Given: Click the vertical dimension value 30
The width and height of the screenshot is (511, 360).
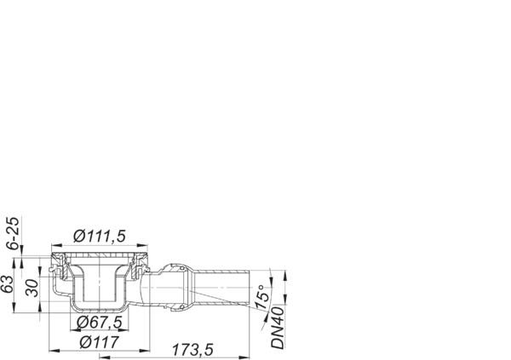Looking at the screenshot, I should pyautogui.click(x=32, y=287).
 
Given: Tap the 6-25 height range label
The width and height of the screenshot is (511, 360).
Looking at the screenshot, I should pyautogui.click(x=9, y=233).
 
